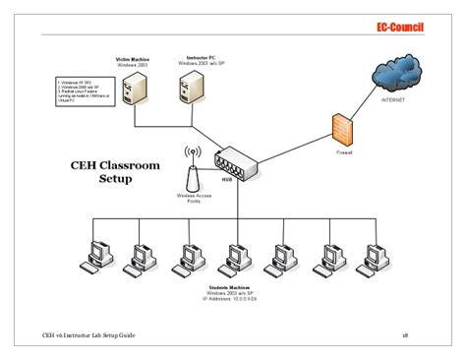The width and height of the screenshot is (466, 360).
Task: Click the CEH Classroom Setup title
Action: pos(113,173)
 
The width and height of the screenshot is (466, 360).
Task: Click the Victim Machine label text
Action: pos(133,60)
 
